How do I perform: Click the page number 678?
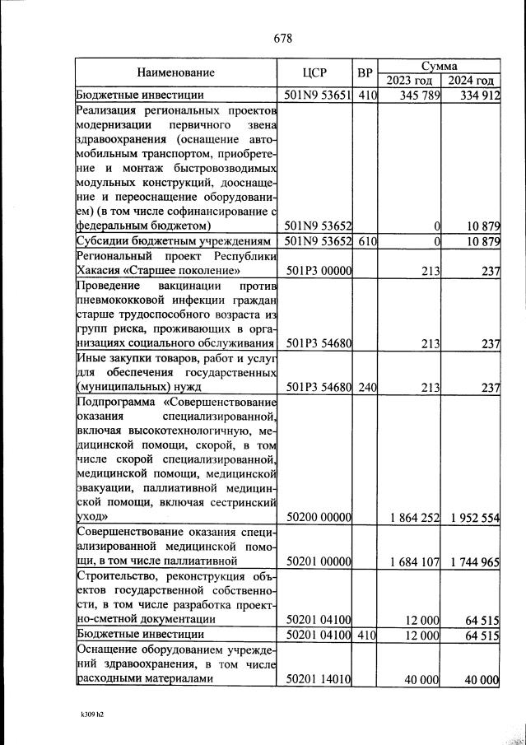point(282,38)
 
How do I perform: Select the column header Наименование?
point(176,72)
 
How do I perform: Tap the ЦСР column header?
point(316,72)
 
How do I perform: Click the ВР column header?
point(365,72)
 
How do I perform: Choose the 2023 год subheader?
point(409,81)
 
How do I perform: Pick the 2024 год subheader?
point(472,81)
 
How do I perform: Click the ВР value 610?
point(366,241)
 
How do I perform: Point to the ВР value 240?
point(366,386)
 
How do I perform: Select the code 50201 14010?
point(318,679)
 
